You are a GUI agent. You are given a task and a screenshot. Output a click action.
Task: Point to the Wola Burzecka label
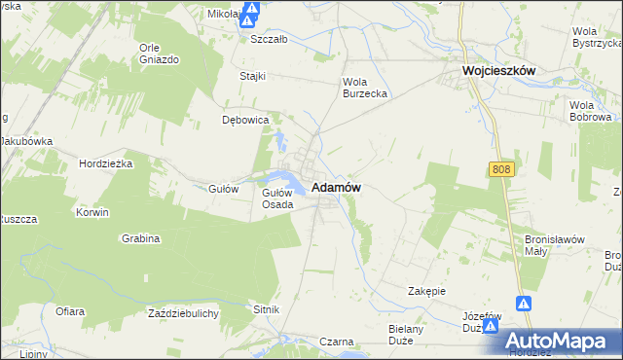tap(365, 88)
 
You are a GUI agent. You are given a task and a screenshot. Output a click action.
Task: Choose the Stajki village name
tap(253, 75)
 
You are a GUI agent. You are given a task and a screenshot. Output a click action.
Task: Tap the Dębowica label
tap(245, 120)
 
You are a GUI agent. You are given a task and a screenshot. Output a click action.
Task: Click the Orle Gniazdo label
tap(160, 54)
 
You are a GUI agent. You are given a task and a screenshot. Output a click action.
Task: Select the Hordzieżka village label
tap(106, 163)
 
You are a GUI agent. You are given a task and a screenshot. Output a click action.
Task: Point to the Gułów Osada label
tap(277, 198)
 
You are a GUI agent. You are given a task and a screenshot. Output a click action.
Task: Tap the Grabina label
tap(141, 237)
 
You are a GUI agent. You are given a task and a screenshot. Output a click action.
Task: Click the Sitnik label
tap(267, 308)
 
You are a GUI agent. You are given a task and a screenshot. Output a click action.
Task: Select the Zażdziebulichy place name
tap(183, 313)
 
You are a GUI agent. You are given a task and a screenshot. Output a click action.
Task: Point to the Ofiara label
tap(70, 311)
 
